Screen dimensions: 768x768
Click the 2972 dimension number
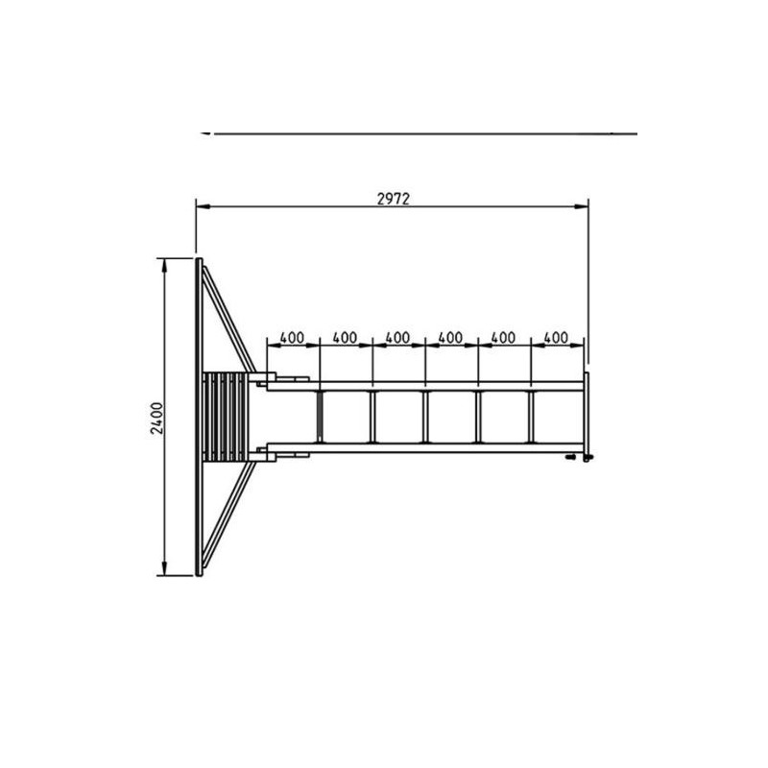[x=393, y=199]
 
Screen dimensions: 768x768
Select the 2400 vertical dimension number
[x=156, y=419]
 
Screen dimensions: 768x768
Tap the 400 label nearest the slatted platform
[x=292, y=338]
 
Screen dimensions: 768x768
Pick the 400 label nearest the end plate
[x=556, y=338]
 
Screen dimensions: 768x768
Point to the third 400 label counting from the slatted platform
[x=397, y=338]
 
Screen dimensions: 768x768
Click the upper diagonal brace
[x=228, y=319]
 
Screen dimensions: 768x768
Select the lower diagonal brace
[x=228, y=515]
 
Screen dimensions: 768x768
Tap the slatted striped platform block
[x=226, y=417]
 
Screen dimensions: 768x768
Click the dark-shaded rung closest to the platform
[x=320, y=417]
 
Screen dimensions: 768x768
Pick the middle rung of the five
[x=425, y=417]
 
